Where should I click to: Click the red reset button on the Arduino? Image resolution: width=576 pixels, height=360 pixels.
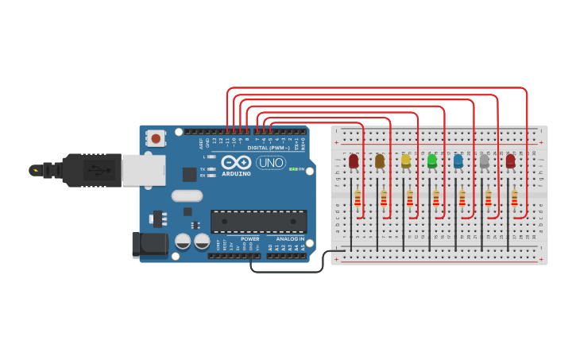tap(156, 138)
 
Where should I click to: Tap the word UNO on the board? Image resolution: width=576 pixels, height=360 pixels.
tap(270, 163)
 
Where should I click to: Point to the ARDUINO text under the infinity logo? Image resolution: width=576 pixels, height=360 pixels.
tap(236, 173)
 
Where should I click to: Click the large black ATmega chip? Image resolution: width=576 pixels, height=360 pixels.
tap(258, 221)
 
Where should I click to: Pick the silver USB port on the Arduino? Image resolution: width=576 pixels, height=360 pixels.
tap(143, 170)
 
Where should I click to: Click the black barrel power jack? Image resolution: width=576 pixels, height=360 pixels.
tap(149, 244)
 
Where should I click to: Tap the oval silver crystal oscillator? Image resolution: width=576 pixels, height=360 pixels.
tap(187, 195)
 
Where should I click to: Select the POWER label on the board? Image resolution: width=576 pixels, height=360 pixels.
tap(249, 238)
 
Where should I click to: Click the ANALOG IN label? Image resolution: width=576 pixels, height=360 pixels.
tap(290, 238)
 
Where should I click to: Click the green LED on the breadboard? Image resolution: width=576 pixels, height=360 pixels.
tap(432, 161)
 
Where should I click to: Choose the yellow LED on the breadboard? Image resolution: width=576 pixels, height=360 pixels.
tap(406, 161)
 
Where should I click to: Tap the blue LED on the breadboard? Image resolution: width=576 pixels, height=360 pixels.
tap(458, 161)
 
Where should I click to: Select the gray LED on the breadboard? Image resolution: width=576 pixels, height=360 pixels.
tap(485, 161)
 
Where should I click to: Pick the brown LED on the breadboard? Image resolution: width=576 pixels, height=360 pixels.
tap(380, 161)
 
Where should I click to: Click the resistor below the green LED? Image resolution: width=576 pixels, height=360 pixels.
tap(436, 198)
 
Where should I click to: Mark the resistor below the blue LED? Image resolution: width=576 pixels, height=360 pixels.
tap(462, 198)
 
